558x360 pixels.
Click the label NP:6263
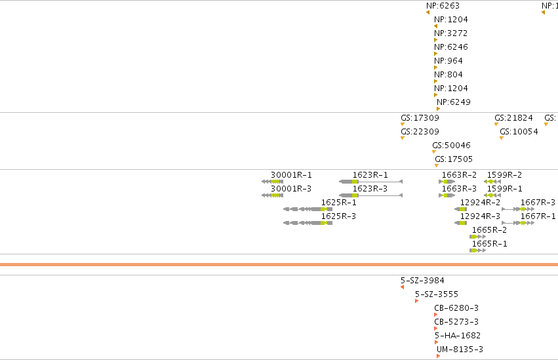[443, 6]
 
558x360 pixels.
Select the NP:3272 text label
[450, 33]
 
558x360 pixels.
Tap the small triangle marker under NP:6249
[438, 109]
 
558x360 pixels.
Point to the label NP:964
[448, 61]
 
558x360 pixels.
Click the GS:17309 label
[420, 118]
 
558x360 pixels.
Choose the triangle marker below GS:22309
[403, 138]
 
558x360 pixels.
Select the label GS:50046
[451, 145]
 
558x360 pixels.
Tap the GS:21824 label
[513, 118]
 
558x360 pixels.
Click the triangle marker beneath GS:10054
[502, 138]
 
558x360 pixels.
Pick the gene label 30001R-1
[291, 175]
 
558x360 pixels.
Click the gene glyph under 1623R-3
[370, 195]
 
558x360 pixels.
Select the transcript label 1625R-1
[338, 203]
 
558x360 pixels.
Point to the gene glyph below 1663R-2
[447, 182]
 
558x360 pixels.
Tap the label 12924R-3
[480, 216]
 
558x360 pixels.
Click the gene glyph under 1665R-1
[477, 250]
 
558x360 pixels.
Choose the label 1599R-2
[504, 175]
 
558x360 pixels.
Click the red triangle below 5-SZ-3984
[402, 287]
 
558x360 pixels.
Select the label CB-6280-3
[456, 308]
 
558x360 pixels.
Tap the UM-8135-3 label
[460, 350]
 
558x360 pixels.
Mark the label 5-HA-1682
[457, 336]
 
